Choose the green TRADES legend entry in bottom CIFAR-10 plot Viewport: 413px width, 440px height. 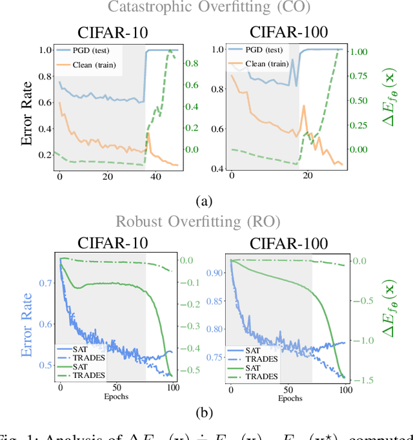[88, 375]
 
